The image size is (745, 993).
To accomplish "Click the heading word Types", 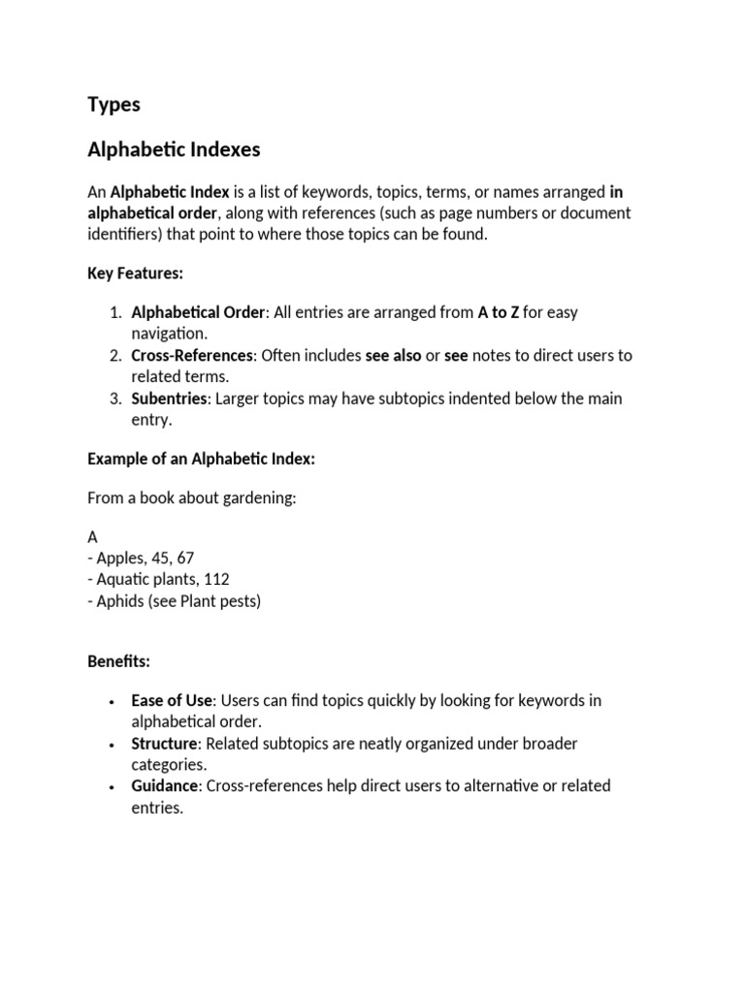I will click(113, 105).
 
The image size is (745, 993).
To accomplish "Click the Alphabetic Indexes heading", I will click(174, 150).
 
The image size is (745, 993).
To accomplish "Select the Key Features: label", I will click(135, 273).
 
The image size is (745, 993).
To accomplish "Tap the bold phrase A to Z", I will click(499, 312).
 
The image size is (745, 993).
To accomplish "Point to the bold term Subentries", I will click(169, 399).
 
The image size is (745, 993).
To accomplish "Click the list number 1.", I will click(113, 312).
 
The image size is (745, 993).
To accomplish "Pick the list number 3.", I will click(113, 399).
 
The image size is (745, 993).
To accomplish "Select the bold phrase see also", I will click(393, 355).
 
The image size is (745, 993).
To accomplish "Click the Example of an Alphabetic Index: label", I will click(201, 460).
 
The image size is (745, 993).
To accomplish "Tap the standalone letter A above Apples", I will click(93, 536).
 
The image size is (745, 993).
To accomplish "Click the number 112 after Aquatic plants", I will click(216, 579).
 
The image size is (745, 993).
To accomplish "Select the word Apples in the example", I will click(120, 558).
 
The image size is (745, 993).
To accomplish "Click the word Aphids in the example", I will click(120, 600).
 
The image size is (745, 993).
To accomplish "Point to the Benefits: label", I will click(118, 661).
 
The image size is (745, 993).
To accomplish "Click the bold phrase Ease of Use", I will click(171, 700).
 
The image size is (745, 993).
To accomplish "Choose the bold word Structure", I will click(164, 744).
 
